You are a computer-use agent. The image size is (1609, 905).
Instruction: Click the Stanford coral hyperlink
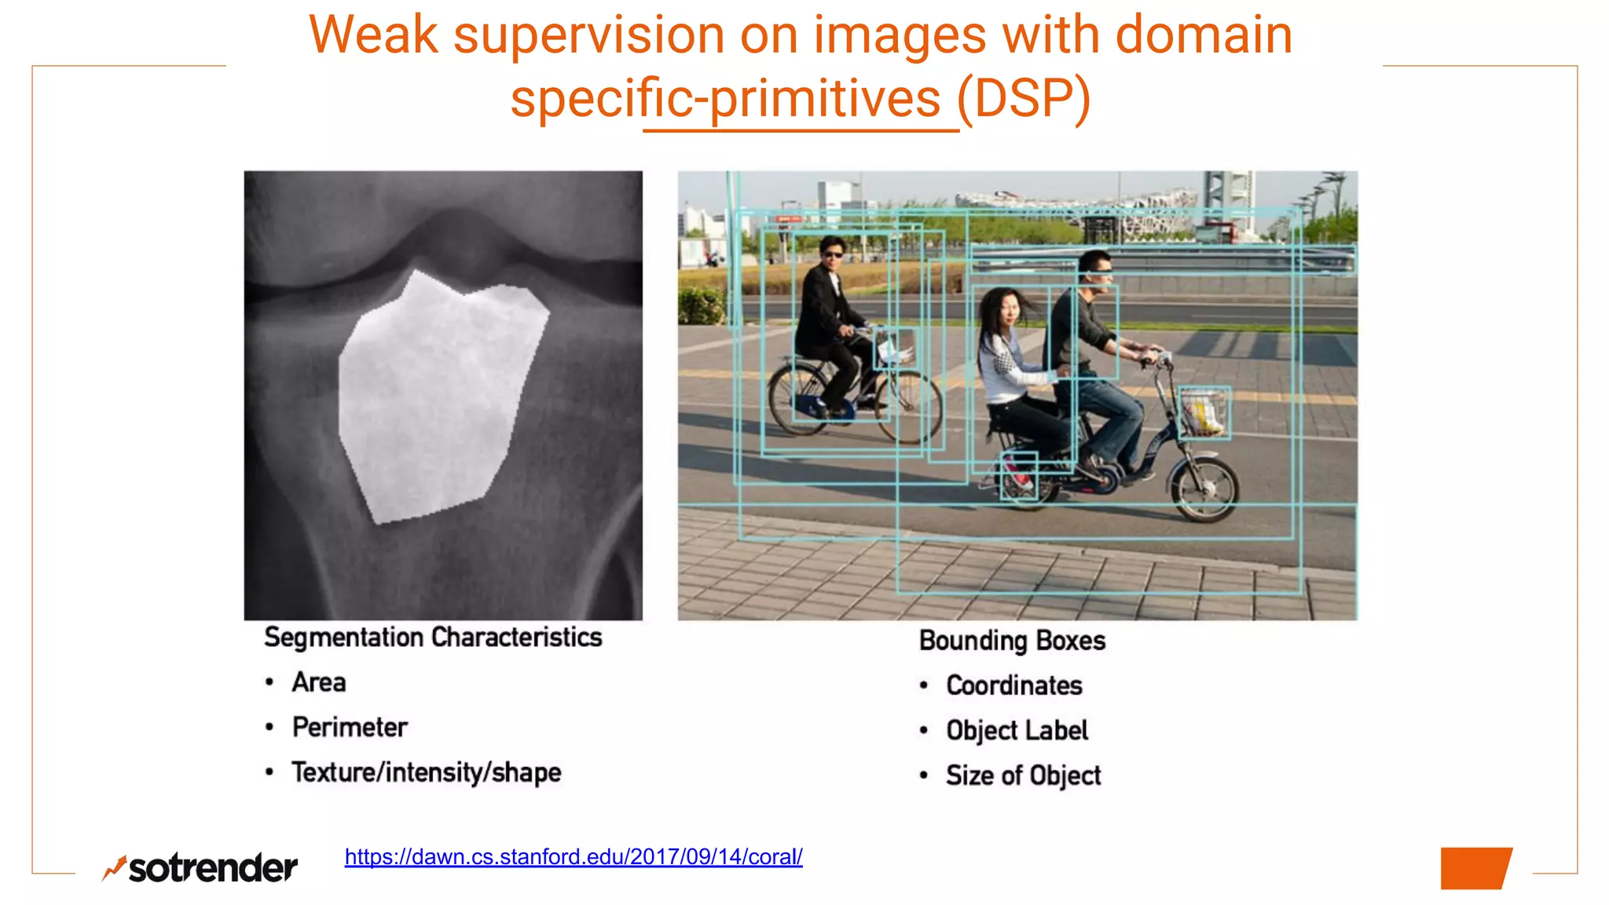(574, 856)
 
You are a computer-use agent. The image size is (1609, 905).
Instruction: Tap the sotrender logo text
(212, 869)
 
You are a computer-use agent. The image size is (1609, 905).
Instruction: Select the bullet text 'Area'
(318, 682)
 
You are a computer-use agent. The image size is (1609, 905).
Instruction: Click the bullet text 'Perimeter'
(350, 727)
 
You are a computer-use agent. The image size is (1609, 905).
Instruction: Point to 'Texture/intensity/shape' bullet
(426, 772)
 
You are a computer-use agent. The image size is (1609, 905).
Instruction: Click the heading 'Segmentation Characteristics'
(433, 637)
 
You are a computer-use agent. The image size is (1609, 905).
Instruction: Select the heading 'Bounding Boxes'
(1012, 641)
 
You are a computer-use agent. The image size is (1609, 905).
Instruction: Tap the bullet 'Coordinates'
(1014, 686)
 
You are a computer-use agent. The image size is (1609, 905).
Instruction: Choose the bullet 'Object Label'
(1017, 731)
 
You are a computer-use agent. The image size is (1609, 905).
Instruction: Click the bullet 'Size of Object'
(1023, 775)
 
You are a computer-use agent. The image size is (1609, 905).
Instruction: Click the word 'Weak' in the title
(373, 35)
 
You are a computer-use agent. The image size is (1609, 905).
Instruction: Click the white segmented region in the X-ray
(436, 393)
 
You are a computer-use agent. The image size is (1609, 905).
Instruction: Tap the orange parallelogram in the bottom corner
(1475, 868)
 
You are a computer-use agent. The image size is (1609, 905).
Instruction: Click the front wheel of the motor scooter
(1204, 489)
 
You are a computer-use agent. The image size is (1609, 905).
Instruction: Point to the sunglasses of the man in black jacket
(833, 254)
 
